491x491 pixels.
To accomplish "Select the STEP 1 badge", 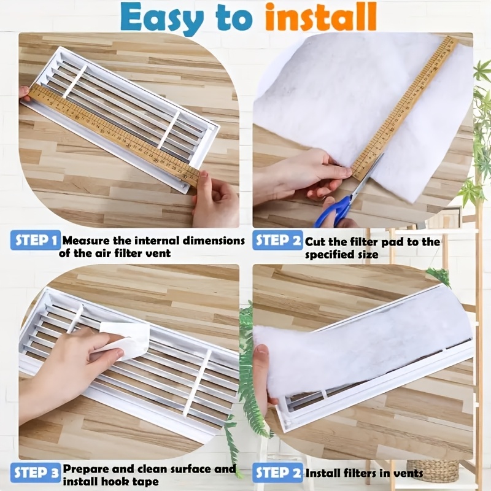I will [x=35, y=240].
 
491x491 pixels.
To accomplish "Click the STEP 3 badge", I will [x=35, y=472].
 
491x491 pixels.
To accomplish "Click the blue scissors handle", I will [x=335, y=212].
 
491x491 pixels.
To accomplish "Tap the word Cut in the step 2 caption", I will [x=317, y=242].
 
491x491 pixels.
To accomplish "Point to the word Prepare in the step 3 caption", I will [x=85, y=470].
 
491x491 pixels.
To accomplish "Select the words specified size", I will [x=342, y=254].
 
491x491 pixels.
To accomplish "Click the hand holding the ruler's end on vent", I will [x=215, y=199].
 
